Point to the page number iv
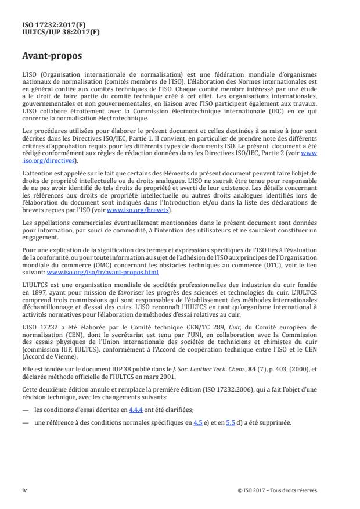click(x=25, y=490)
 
